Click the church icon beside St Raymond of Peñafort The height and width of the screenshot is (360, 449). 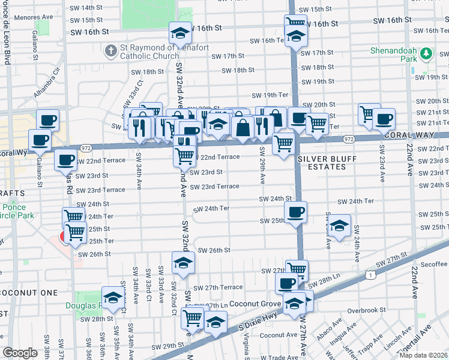coord(110,50)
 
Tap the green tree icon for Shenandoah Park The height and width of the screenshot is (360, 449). coord(427,55)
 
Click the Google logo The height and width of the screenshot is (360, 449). coord(20,353)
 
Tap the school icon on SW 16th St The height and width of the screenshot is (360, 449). coord(180,32)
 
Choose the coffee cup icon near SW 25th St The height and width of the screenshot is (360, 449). coord(295,212)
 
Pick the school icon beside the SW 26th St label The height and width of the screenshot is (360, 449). coord(184,262)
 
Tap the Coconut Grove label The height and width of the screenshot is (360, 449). coord(254,304)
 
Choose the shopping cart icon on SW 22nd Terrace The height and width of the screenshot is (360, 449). coord(185,155)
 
